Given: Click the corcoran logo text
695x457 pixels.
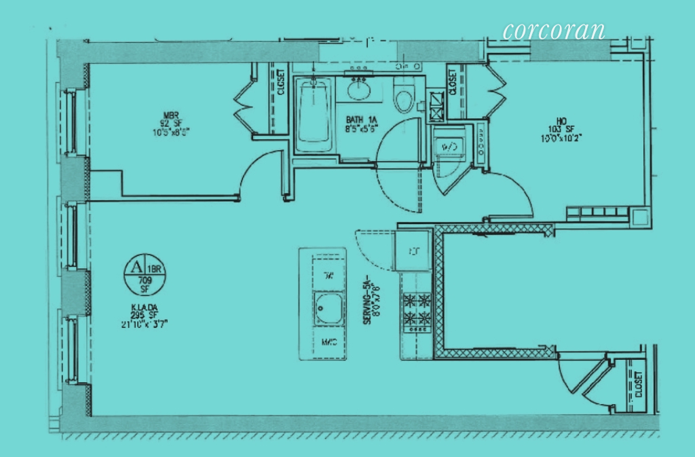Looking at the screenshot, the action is pyautogui.click(x=553, y=31).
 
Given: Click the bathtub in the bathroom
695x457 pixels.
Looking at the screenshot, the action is pyautogui.click(x=314, y=115).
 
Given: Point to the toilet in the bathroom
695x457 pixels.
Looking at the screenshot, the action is pyautogui.click(x=404, y=98).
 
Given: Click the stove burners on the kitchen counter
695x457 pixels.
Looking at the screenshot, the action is pyautogui.click(x=415, y=309).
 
